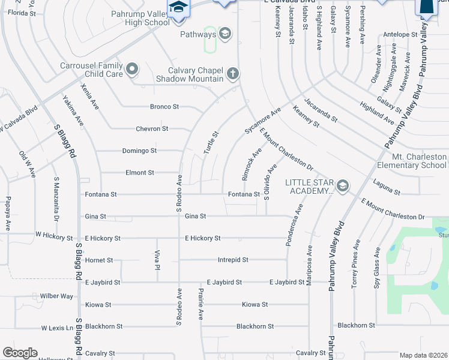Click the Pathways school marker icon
click(225, 34)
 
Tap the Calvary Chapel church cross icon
click(233, 74)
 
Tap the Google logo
click(20, 353)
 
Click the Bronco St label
click(164, 107)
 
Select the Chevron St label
click(152, 129)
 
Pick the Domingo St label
click(139, 151)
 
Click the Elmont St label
click(139, 173)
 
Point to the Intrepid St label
click(233, 260)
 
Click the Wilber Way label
click(56, 296)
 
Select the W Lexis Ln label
click(57, 328)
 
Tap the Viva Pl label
click(157, 259)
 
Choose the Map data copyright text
click(423, 355)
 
